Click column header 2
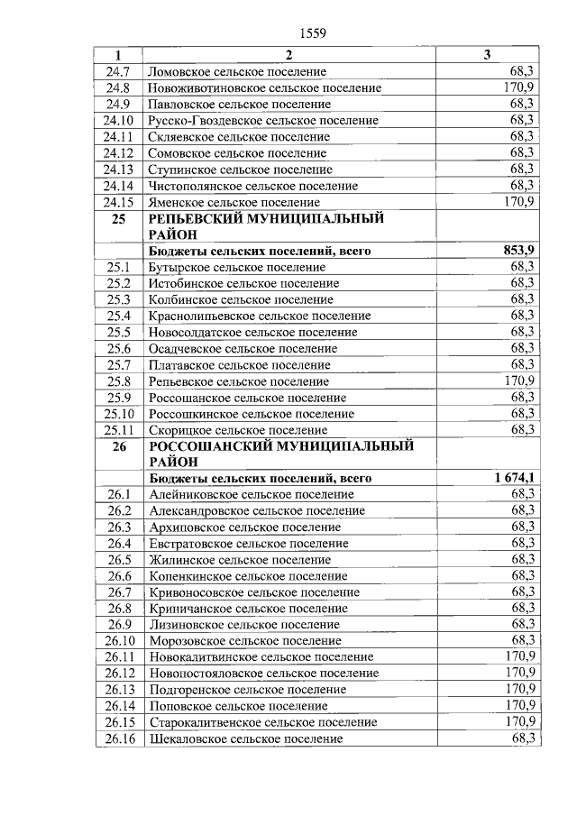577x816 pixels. [x=289, y=55]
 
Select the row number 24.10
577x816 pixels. [x=118, y=120]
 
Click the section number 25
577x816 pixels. [x=118, y=218]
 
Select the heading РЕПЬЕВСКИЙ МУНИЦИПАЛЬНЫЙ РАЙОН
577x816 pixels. [x=266, y=225]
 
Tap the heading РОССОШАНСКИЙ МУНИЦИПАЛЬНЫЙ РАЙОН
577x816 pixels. [x=281, y=453]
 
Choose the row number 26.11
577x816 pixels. [x=118, y=656]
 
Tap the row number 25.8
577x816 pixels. [x=118, y=380]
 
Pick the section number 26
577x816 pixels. [x=118, y=445]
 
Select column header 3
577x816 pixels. [x=487, y=55]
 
